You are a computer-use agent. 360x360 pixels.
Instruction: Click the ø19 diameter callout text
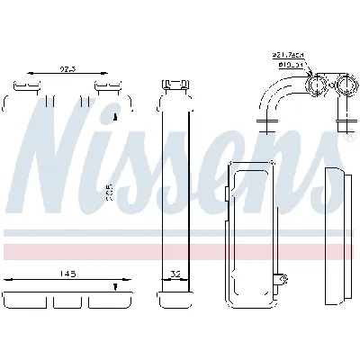click(291, 64)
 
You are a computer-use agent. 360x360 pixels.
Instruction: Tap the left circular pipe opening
click(318, 86)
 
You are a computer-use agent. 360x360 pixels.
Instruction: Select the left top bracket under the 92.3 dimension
click(27, 87)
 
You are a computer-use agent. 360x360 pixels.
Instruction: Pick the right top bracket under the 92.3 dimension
click(106, 87)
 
